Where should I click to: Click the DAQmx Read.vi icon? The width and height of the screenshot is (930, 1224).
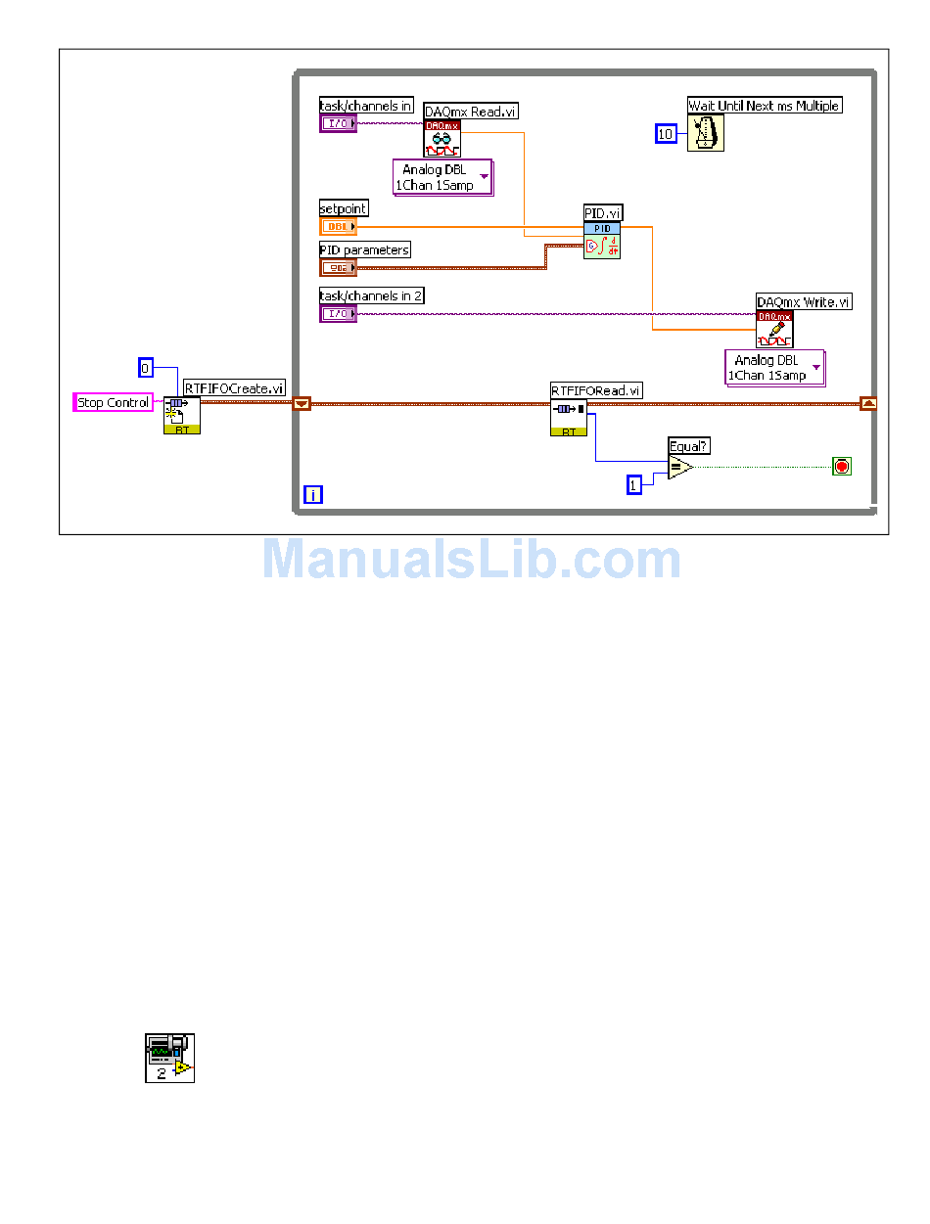tap(442, 139)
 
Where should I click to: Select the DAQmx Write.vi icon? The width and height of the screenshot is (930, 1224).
tap(774, 330)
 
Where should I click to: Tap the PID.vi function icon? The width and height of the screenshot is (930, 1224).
tap(602, 240)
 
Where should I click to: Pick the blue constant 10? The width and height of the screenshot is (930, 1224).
tap(666, 134)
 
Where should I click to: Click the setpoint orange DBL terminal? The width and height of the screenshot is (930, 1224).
tap(339, 227)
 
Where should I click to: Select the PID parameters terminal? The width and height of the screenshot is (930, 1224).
tap(339, 268)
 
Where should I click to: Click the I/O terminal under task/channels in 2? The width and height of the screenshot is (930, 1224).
tap(339, 313)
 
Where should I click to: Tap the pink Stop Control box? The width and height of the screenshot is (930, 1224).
tap(114, 402)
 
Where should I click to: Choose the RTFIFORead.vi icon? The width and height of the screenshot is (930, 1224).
tap(569, 418)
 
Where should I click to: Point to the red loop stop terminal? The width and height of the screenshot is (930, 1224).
tap(841, 467)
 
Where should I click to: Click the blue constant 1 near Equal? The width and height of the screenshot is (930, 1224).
tap(634, 484)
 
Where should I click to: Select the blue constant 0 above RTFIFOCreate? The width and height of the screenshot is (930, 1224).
tap(146, 368)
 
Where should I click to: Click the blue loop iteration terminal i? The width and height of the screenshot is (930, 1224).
tap(312, 494)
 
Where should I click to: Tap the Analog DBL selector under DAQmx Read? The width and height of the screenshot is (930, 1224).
tap(442, 177)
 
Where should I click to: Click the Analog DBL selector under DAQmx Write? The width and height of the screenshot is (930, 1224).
tap(774, 368)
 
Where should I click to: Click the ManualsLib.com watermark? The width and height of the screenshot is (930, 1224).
tap(471, 561)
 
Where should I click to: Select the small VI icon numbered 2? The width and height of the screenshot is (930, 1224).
tap(169, 1058)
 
